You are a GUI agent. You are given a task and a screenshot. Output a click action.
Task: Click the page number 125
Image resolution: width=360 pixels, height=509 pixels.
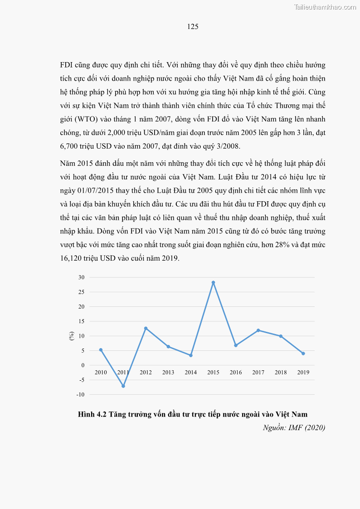[x=193, y=27]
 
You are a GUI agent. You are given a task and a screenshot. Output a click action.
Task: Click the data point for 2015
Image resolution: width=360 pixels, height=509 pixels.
[x=213, y=282]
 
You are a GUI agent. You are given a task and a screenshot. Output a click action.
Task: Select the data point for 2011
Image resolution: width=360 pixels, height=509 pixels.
[x=123, y=386]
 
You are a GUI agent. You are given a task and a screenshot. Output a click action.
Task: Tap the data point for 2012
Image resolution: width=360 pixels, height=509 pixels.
[x=146, y=328]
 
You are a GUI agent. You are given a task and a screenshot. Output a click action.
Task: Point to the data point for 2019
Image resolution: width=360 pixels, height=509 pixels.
[x=303, y=354]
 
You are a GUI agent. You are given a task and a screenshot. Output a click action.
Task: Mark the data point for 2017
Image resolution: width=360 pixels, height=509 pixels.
[x=258, y=330]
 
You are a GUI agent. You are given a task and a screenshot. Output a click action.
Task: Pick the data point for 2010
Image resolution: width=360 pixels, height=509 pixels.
[x=101, y=350]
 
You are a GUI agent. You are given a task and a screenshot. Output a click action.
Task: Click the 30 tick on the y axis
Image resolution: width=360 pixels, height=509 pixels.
[x=81, y=277]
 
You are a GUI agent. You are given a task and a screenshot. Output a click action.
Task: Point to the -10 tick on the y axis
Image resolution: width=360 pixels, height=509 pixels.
[x=80, y=395]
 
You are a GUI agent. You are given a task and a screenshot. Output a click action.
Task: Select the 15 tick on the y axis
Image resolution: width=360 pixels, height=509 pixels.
[x=81, y=321]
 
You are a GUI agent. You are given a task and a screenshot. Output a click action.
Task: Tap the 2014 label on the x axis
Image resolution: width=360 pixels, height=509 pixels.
[x=191, y=373]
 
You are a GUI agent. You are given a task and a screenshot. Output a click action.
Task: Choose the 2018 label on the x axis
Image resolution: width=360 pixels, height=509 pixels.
[x=281, y=373]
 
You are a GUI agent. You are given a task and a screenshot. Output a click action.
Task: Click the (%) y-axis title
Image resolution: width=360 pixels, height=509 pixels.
[x=72, y=336]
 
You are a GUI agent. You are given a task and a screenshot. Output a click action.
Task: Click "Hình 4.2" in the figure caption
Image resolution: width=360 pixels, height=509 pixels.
[x=92, y=414]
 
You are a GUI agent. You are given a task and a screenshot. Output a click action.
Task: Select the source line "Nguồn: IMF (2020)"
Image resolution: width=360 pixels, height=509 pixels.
[x=294, y=427]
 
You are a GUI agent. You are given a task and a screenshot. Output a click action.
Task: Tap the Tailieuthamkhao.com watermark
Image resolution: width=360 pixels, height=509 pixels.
[x=325, y=7]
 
